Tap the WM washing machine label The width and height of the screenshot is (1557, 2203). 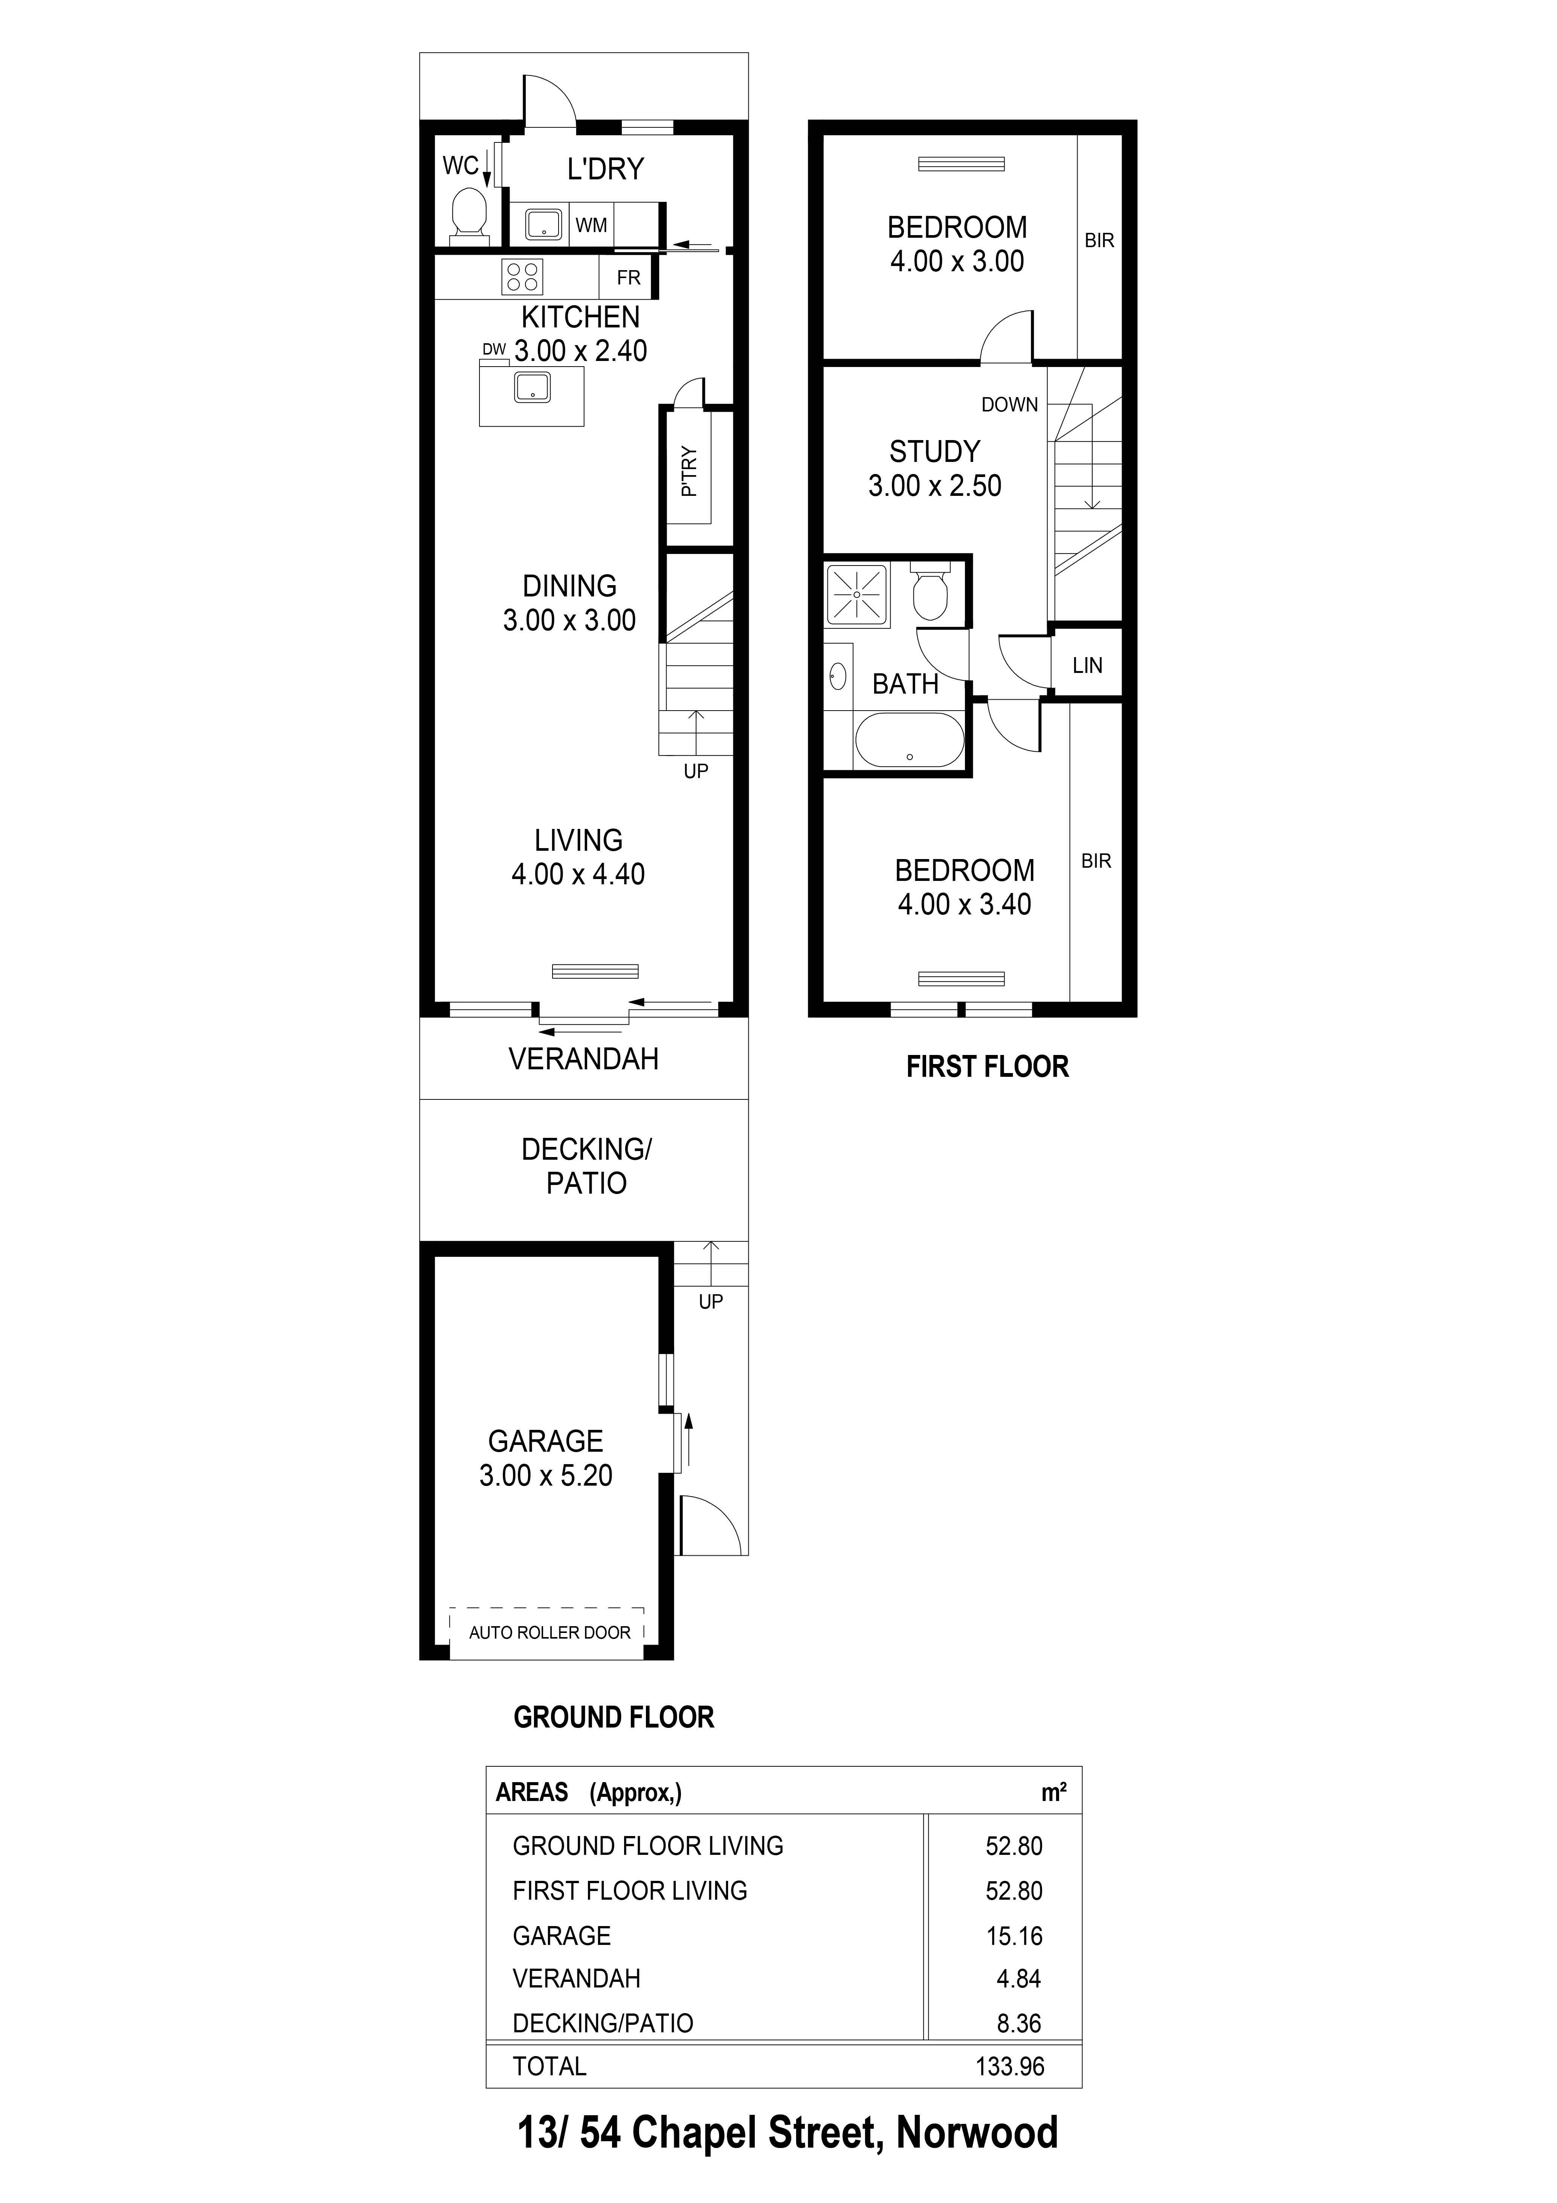coord(591,225)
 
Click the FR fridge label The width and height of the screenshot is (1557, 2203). coord(628,278)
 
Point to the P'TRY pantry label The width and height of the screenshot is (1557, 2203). coord(689,471)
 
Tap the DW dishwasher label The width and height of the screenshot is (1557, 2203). coord(494,349)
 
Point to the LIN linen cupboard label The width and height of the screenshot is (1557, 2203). coord(1087,665)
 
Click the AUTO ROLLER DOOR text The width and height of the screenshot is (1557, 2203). coord(550,1632)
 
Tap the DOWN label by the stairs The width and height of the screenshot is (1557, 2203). coord(1009,405)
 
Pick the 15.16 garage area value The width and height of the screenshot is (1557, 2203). coord(1014,1936)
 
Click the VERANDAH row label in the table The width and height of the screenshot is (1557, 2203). coord(577,1978)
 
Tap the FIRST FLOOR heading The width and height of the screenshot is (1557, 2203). coord(987,1067)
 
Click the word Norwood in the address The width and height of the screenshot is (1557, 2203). coord(977,2132)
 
